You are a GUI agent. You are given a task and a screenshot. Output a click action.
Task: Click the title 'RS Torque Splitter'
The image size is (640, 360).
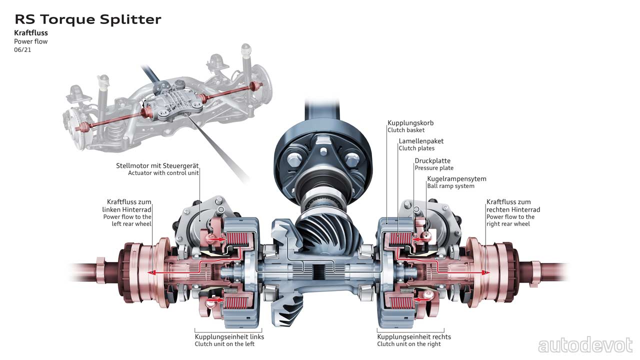pyautogui.click(x=88, y=19)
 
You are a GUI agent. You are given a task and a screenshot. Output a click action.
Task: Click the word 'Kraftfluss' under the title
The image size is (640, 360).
pyautogui.click(x=31, y=33)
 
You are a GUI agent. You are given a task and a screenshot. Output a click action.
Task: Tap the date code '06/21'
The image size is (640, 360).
pyautogui.click(x=22, y=50)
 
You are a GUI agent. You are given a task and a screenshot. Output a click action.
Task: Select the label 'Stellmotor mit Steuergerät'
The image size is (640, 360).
pyautogui.click(x=157, y=165)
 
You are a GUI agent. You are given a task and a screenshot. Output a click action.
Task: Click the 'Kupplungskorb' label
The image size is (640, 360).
pyautogui.click(x=410, y=122)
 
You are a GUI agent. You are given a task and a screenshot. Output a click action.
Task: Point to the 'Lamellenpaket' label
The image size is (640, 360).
pyautogui.click(x=421, y=141)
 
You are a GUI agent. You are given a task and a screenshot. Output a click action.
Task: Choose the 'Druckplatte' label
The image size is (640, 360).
pyautogui.click(x=432, y=160)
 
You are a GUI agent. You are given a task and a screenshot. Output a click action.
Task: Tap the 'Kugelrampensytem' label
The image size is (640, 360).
pyautogui.click(x=456, y=178)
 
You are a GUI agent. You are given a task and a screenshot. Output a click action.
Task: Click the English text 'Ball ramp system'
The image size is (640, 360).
pyautogui.click(x=450, y=186)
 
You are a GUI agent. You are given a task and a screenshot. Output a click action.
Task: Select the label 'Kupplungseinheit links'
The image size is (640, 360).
pyautogui.click(x=229, y=336)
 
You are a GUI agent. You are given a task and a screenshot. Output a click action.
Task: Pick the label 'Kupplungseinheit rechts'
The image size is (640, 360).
pyautogui.click(x=414, y=336)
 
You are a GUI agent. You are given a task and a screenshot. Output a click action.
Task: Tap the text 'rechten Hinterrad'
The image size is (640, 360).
pyautogui.click(x=513, y=209)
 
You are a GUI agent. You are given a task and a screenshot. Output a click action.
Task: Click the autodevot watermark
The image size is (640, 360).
pyautogui.click(x=585, y=345)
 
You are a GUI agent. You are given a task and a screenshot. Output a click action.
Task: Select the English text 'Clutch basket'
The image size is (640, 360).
pyautogui.click(x=406, y=130)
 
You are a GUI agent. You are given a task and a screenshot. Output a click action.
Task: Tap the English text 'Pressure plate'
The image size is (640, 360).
pyautogui.click(x=434, y=168)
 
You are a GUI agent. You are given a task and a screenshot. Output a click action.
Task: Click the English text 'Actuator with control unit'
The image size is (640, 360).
pyautogui.click(x=163, y=173)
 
